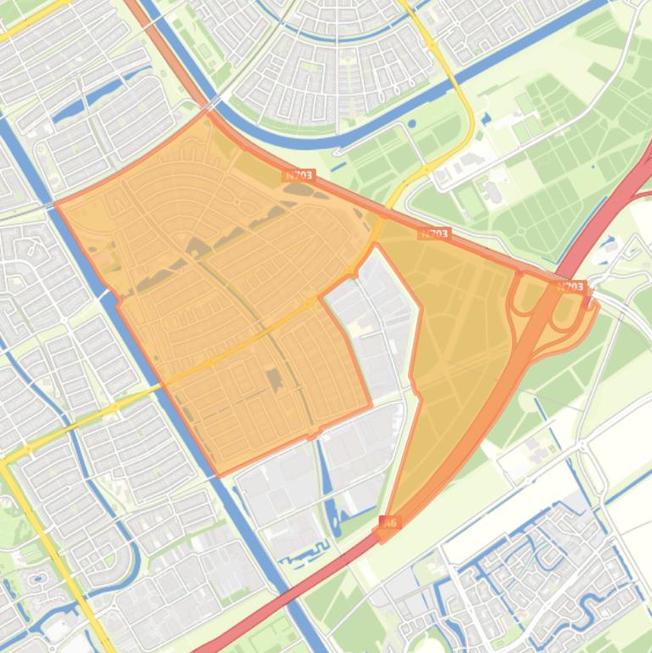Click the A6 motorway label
(390, 523)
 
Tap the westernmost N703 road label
(298, 176)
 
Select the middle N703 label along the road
(434, 233)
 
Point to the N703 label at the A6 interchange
(571, 287)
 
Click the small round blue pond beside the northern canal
(412, 124)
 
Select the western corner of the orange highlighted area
(56, 204)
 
